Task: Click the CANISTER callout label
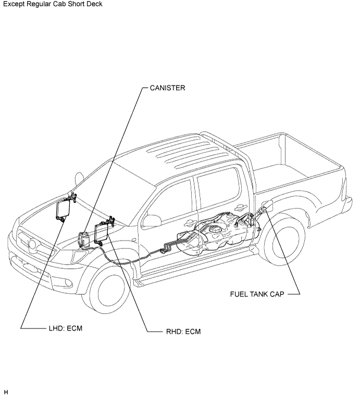tap(167, 88)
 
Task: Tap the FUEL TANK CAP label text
tap(257, 294)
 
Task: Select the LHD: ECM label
tap(66, 328)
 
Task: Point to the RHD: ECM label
tap(183, 331)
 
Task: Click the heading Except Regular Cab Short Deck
tap(53, 4)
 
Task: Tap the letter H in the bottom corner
tap(6, 393)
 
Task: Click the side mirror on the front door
tap(152, 221)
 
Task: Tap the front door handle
tap(189, 222)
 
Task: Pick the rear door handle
tap(240, 206)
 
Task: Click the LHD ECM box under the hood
tap(63, 209)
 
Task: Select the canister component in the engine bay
tap(83, 239)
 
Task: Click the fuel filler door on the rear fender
tap(267, 207)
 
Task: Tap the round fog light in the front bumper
tap(68, 283)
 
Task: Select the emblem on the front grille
tap(32, 244)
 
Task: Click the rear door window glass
tap(218, 187)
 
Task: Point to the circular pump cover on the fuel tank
tap(215, 228)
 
